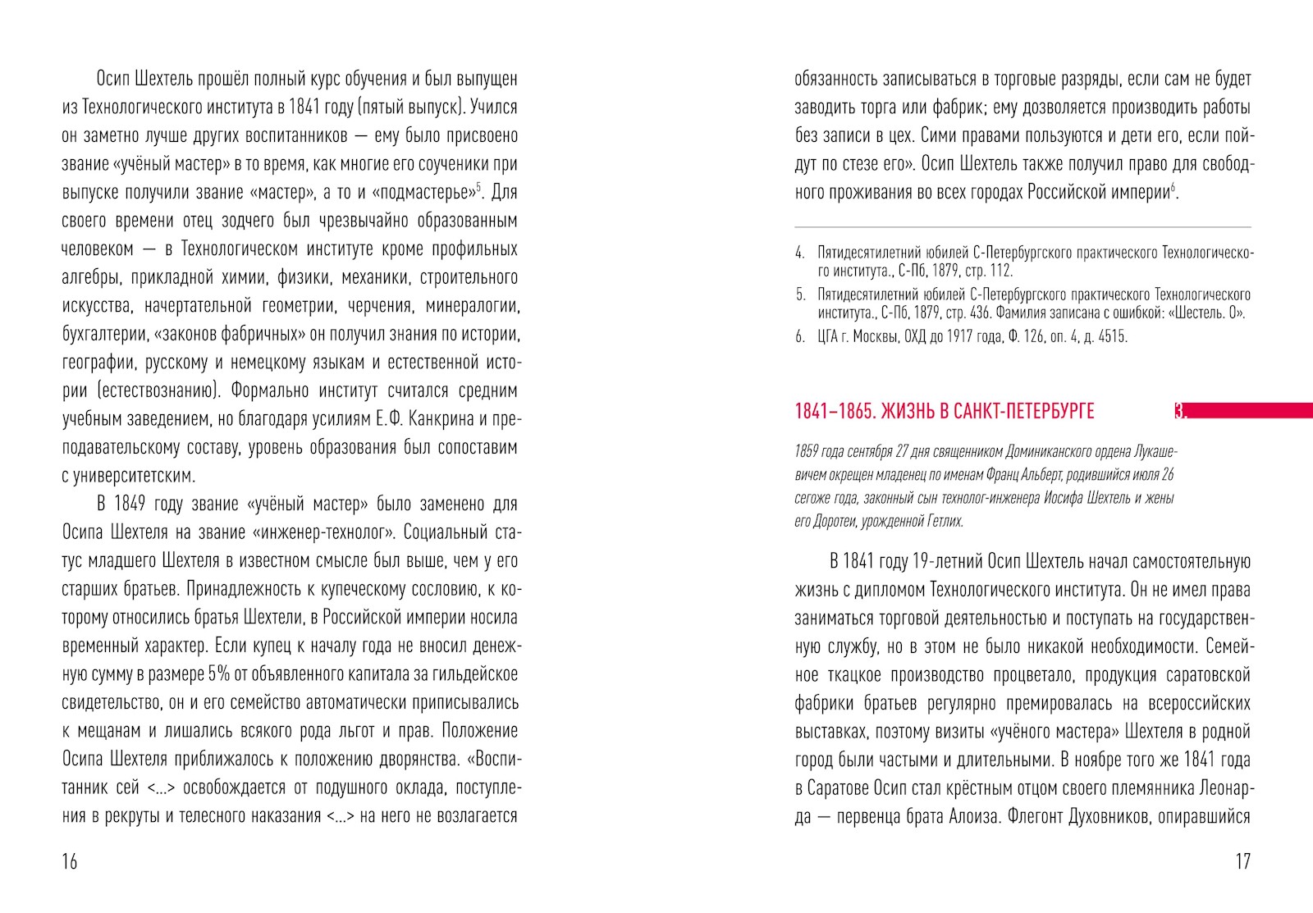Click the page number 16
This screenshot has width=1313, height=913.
(70, 861)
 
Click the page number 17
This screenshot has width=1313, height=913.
(1242, 861)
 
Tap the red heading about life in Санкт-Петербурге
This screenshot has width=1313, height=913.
(945, 412)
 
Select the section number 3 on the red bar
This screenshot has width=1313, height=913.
(1180, 412)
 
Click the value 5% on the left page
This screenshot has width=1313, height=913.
(218, 674)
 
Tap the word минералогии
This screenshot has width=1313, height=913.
(474, 306)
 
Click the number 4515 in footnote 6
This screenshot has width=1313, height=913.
(1111, 337)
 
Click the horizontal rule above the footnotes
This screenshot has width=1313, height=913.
(1022, 226)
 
